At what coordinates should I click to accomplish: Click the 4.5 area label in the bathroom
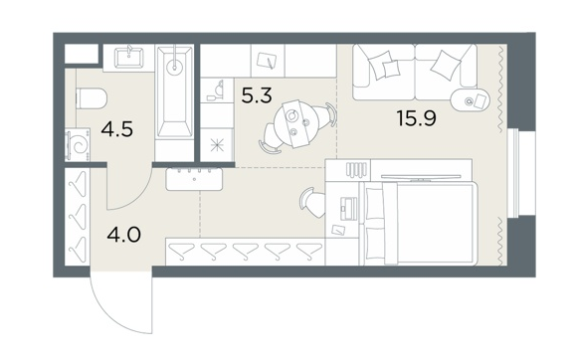117,129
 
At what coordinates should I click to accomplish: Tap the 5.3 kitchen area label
257,95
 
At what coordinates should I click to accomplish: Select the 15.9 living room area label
417,118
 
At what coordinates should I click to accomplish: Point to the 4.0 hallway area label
124,235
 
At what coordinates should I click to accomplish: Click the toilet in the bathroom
92,99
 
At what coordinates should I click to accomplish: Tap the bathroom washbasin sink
128,58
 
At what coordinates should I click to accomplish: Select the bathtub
174,91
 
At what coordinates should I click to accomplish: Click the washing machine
78,144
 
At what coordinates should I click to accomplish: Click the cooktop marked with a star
217,145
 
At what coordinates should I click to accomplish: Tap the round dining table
297,124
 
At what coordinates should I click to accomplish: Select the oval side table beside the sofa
471,99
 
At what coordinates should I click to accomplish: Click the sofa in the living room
415,72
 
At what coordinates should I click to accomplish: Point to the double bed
420,223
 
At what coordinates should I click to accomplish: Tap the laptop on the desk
348,209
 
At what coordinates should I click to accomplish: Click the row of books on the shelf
356,169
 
